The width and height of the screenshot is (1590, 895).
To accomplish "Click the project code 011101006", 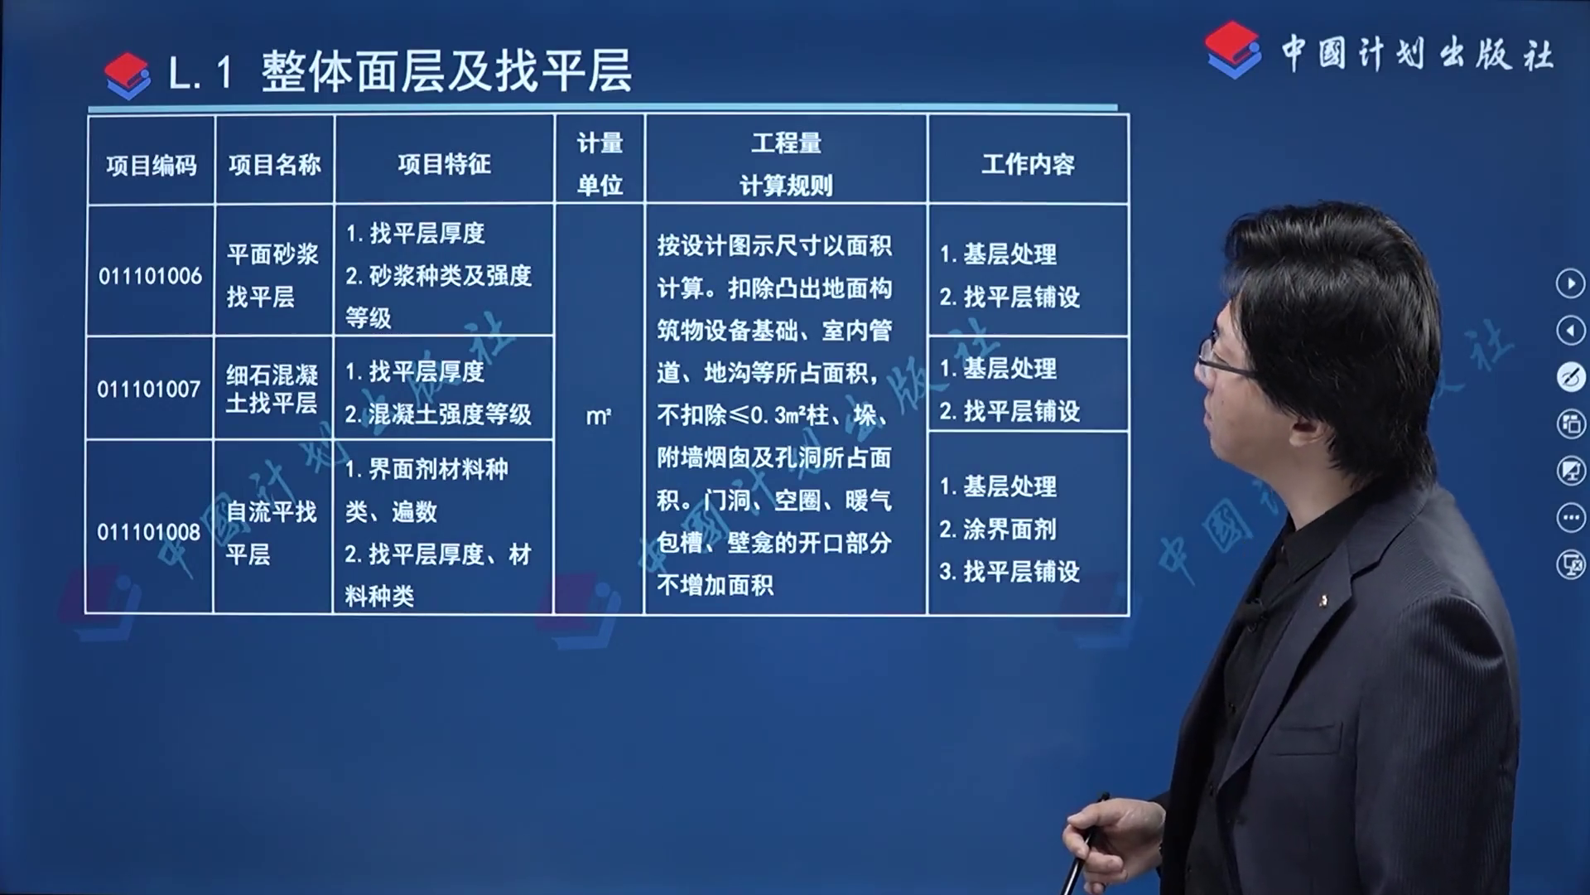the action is click(x=150, y=276).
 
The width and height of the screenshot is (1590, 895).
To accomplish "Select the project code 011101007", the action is click(x=149, y=389).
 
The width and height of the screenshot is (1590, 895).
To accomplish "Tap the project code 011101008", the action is click(x=149, y=532).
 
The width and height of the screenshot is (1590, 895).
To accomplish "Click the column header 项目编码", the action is click(x=152, y=166).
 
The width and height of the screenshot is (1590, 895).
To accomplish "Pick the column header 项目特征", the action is click(x=444, y=164).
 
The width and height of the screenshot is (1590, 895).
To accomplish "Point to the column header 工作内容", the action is click(x=1028, y=164).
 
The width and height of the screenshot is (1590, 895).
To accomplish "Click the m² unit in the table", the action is click(x=599, y=416).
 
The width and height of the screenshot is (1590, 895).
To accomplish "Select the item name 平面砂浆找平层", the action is click(x=272, y=275).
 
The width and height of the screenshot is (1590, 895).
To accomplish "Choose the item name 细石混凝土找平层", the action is click(x=272, y=389).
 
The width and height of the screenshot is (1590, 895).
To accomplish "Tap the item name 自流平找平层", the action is click(x=271, y=533).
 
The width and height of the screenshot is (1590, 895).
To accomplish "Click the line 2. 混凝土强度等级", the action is click(x=438, y=414).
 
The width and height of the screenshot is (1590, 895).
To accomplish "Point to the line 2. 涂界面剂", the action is click(x=998, y=529).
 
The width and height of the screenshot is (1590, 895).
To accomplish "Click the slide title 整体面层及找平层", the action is click(x=447, y=71).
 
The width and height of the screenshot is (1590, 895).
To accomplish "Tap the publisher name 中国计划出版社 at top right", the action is click(x=1418, y=54).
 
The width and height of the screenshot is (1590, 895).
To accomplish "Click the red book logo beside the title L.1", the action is click(x=128, y=76).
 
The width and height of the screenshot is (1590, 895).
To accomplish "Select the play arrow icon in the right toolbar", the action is click(x=1570, y=283).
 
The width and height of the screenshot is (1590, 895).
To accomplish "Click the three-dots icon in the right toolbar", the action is click(x=1570, y=518).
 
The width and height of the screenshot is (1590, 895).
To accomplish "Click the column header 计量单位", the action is click(x=600, y=164).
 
